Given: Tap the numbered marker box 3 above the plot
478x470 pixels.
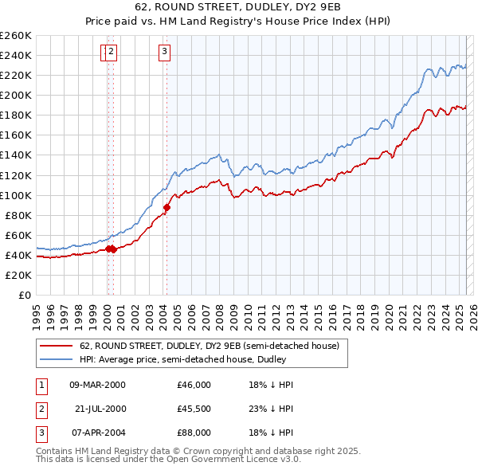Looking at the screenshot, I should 164,53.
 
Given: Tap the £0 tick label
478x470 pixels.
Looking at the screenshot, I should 24,295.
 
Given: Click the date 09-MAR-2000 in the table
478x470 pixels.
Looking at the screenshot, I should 97,385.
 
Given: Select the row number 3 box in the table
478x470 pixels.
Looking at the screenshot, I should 41,433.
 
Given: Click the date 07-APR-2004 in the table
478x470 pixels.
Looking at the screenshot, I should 97,433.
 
